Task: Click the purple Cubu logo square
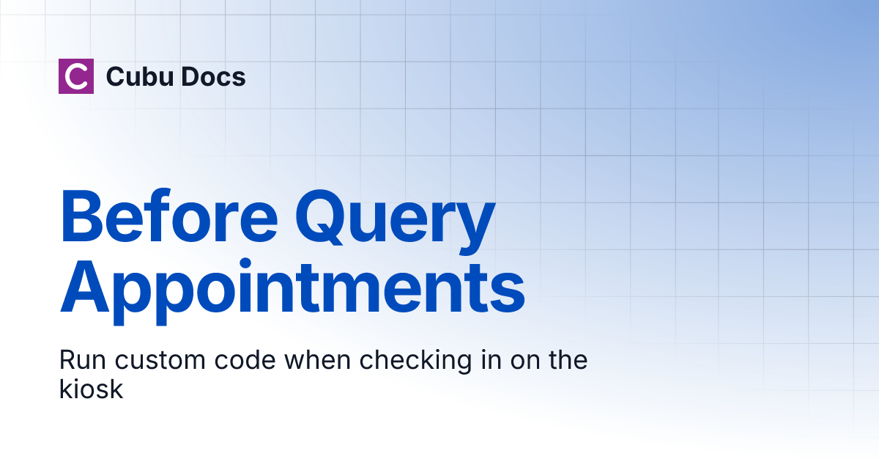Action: [x=76, y=76]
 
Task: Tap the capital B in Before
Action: [x=83, y=218]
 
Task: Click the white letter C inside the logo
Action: [x=76, y=76]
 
